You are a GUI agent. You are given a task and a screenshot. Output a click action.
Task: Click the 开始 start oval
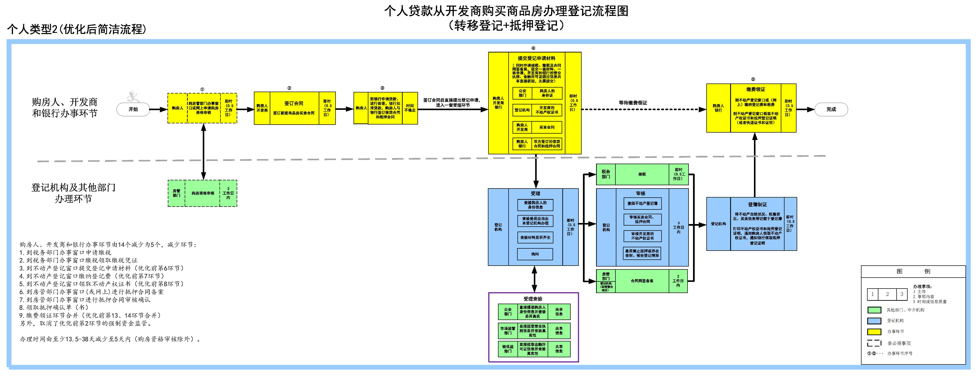click(133, 109)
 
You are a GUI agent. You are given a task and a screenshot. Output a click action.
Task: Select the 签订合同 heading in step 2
click(294, 103)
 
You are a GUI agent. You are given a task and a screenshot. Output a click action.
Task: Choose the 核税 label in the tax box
click(642, 174)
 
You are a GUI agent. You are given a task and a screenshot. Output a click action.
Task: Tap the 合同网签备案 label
click(642, 281)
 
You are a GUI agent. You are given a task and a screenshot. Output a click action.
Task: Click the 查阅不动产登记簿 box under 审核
click(642, 204)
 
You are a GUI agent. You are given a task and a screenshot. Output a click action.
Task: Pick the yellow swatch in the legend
click(874, 332)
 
